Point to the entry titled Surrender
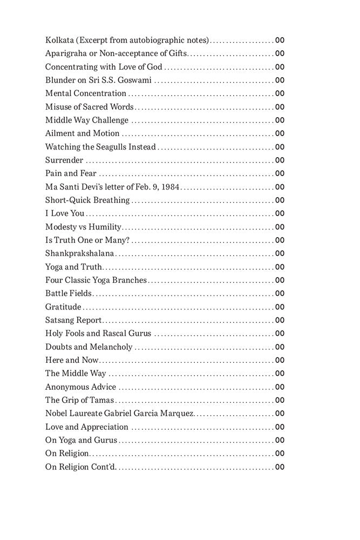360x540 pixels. (64, 160)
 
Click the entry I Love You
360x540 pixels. (65, 214)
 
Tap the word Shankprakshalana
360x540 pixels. (79, 254)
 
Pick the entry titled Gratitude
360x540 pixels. (63, 307)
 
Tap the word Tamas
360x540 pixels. (103, 401)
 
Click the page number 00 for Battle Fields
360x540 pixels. (280, 294)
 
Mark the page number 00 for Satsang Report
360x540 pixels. (280, 321)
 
